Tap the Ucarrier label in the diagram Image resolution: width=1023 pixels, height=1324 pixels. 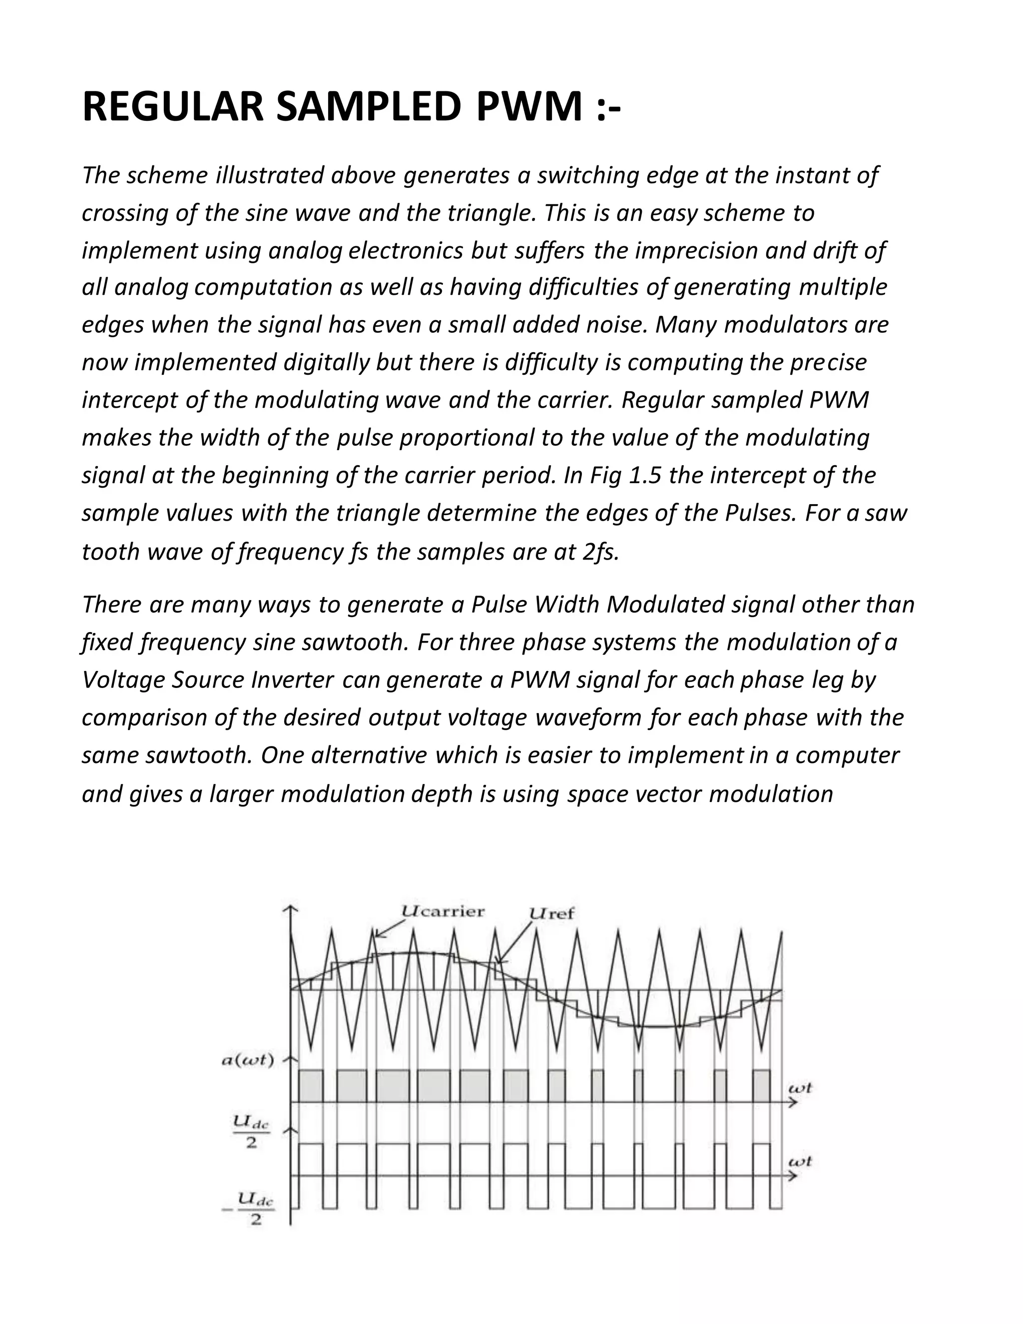click(x=443, y=912)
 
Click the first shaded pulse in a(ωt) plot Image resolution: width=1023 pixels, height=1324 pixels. click(x=311, y=1086)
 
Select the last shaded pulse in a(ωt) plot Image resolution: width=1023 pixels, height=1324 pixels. click(x=761, y=1086)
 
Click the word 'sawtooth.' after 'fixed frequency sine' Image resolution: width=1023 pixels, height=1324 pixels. click(x=359, y=643)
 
